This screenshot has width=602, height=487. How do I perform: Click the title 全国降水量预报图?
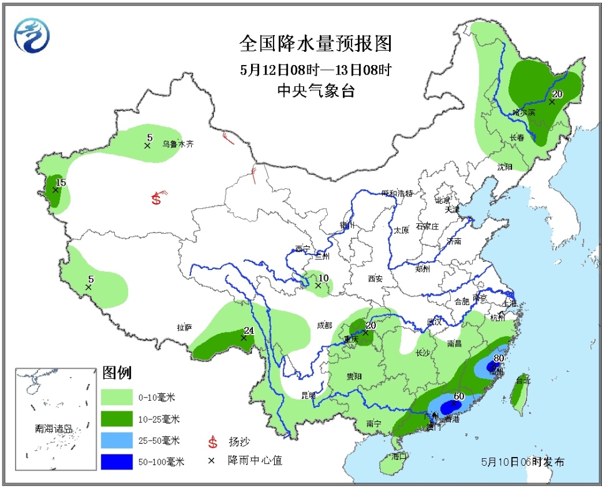point(316,44)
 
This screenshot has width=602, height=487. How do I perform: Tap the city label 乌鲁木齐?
point(178,143)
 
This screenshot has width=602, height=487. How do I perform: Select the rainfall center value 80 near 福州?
point(498,358)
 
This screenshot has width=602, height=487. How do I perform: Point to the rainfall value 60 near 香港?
point(459,396)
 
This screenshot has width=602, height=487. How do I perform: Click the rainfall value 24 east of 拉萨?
point(248,331)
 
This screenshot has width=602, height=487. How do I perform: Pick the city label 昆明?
point(308,395)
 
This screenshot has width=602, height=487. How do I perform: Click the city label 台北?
point(522,379)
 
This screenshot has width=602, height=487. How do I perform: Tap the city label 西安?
point(375,279)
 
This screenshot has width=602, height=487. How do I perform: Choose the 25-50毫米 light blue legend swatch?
point(125,440)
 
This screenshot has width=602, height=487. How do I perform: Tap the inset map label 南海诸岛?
point(54,429)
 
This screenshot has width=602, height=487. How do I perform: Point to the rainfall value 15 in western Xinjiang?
point(61,182)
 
